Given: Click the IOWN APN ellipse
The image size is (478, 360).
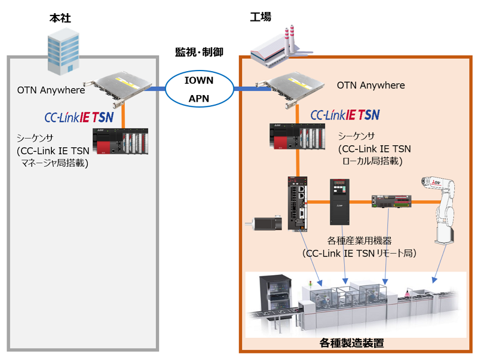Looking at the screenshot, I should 198,89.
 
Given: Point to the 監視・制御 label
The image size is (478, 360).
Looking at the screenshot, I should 199,52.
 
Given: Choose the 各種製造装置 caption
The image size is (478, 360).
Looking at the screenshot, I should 351,344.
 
